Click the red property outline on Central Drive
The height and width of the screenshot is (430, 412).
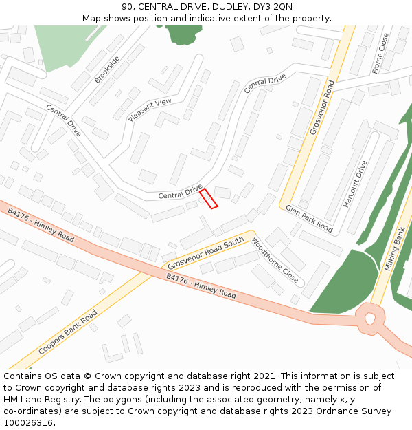point(208,198)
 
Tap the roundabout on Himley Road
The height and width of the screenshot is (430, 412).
point(370,318)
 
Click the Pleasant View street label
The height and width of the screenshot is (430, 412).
point(150,110)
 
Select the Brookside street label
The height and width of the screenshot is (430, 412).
point(107,69)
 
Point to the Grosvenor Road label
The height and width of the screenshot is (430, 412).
point(321,107)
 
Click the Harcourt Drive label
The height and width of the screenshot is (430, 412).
point(356,184)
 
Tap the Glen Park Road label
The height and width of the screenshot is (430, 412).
point(309,218)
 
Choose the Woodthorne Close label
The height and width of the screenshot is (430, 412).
point(275,260)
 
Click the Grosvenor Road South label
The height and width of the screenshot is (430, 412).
point(206,253)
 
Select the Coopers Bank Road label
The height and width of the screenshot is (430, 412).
point(67,332)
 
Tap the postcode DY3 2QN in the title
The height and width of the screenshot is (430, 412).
point(274,7)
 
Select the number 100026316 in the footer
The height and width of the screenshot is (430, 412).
point(27,422)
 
